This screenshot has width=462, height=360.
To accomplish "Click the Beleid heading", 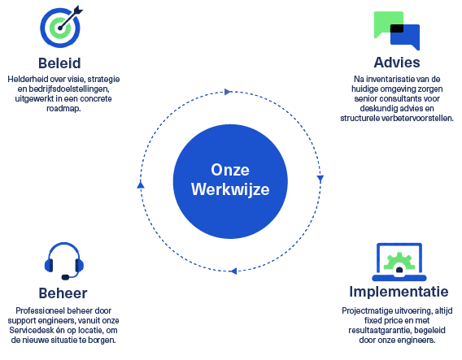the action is [59, 63].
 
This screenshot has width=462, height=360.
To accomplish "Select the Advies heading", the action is [397, 63].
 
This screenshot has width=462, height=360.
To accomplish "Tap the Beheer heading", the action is [63, 293].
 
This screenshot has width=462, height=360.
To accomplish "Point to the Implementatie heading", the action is [399, 292].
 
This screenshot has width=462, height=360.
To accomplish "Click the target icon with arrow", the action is [61, 27].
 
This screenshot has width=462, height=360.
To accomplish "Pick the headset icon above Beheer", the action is [64, 261].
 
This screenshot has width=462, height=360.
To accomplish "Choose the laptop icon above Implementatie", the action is [399, 262].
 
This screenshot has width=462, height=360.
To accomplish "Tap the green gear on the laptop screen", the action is [399, 262].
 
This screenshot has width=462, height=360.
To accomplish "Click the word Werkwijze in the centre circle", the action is [230, 189].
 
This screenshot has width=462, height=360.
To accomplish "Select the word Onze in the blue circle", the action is [230, 170].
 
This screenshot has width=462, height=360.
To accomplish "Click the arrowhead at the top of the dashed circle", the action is [228, 92].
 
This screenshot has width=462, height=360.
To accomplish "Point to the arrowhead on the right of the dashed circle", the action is [320, 179].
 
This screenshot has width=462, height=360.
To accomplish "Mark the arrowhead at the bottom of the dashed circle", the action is [233, 271].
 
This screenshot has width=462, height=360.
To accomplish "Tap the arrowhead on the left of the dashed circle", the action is [141, 184].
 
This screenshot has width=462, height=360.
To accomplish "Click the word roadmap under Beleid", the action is [63, 108].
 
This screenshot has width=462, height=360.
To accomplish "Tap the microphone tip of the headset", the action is [65, 277].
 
